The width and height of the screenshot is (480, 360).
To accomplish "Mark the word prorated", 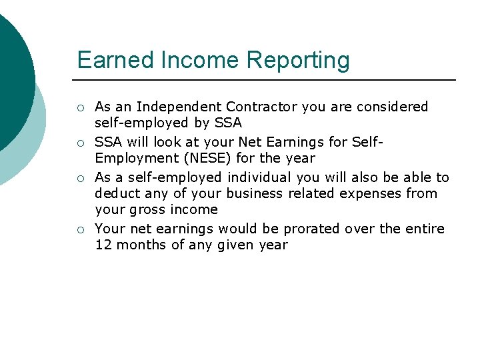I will pos(312,229).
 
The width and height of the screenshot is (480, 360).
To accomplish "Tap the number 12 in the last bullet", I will pos(103,245).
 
